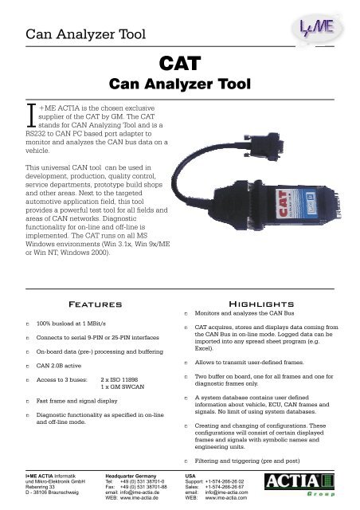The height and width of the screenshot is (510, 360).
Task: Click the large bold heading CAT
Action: click(x=180, y=63)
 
